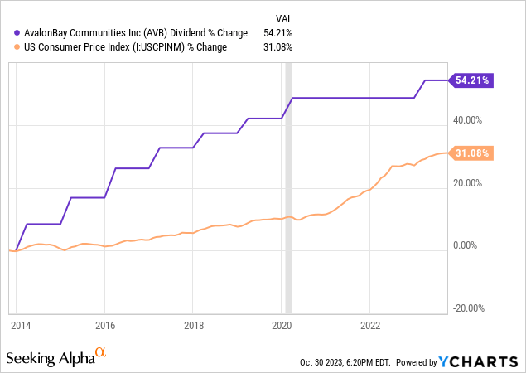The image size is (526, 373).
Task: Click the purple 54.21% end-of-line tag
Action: point(472,80)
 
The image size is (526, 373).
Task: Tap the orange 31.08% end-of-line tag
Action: point(472,153)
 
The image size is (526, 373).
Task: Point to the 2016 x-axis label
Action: point(104,325)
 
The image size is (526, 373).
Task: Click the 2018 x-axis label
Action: point(193,325)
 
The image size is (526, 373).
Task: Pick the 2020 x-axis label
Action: point(282,325)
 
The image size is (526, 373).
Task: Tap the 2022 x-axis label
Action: point(370,325)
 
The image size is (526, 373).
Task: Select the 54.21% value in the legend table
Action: point(277,32)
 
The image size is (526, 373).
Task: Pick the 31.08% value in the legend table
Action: point(277,46)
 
